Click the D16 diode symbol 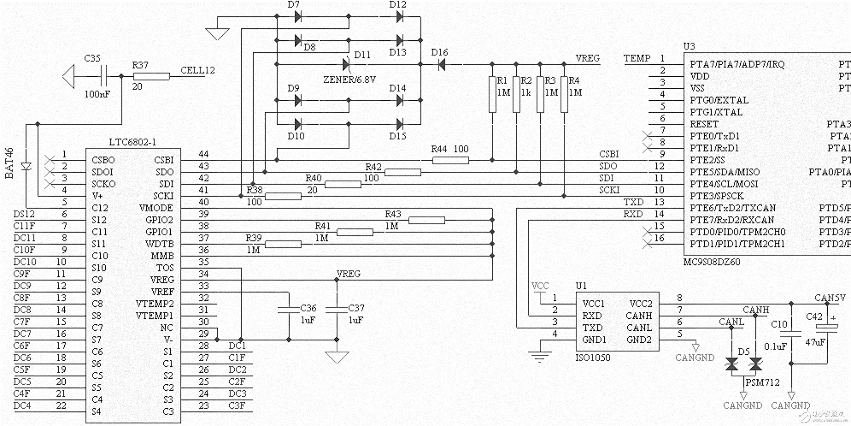(x=442, y=65)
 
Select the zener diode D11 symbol (x=346, y=65)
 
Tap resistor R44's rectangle (x=450, y=160)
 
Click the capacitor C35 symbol (x=104, y=76)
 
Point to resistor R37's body (x=151, y=76)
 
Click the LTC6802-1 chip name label (x=133, y=142)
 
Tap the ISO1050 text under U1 (x=593, y=358)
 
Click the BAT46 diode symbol (x=26, y=167)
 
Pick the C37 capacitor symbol (x=337, y=310)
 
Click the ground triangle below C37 (x=337, y=357)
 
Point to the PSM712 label (x=762, y=383)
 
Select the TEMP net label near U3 (x=637, y=59)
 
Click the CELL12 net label (x=198, y=70)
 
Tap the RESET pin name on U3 (x=704, y=124)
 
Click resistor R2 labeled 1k (x=516, y=95)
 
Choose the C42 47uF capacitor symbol (x=827, y=327)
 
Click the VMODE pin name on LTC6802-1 (x=156, y=208)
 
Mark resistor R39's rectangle (x=283, y=244)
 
